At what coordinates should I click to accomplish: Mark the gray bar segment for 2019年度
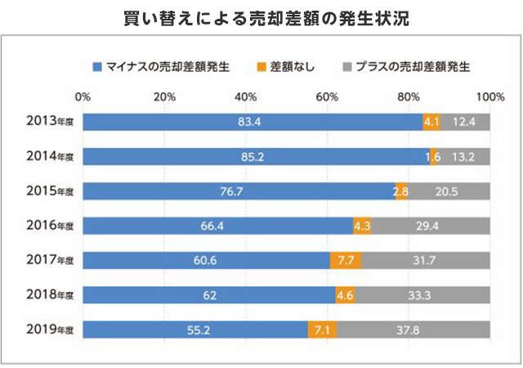pos(413,329)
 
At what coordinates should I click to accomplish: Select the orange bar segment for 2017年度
pos(345,260)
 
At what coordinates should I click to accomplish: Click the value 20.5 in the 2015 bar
pos(448,191)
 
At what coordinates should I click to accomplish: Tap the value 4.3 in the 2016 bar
pos(362,226)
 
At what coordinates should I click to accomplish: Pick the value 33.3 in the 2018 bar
pos(422,294)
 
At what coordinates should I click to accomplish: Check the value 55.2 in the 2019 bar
pos(194,329)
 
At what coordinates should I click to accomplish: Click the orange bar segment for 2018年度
pos(345,294)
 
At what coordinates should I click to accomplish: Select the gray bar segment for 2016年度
pos(431,226)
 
